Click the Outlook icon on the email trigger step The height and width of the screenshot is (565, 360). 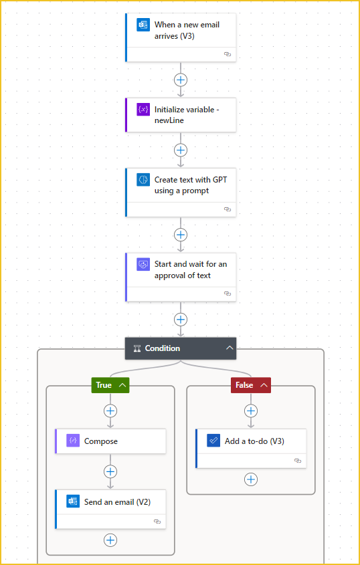click(143, 25)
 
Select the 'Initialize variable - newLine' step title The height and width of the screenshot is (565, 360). click(187, 115)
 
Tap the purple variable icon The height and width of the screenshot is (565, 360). click(143, 110)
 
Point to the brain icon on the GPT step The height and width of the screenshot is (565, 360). click(143, 180)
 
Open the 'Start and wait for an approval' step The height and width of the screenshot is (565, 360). click(191, 270)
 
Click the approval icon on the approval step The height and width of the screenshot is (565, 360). click(143, 265)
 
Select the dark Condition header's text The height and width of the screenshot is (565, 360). click(163, 348)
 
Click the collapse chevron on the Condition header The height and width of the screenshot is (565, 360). click(230, 348)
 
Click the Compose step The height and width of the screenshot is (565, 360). click(110, 441)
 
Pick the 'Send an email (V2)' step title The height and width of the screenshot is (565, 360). click(117, 502)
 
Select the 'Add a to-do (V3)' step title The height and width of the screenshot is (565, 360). click(254, 441)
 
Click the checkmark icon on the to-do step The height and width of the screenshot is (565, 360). click(213, 441)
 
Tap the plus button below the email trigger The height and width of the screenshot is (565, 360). click(181, 80)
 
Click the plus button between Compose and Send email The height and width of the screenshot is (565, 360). click(110, 471)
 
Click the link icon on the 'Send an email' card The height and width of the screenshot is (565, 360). click(157, 522)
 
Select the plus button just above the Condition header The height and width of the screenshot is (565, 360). click(181, 319)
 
